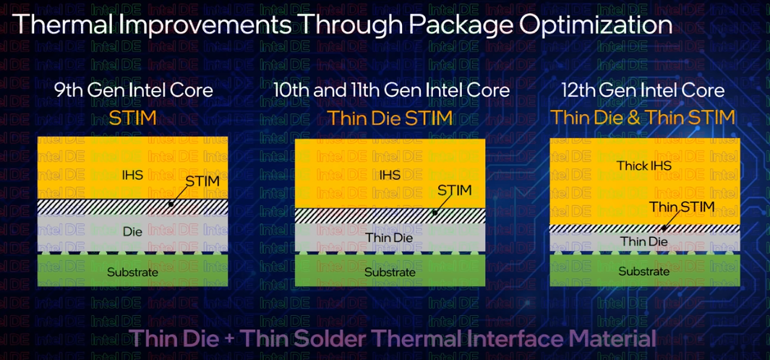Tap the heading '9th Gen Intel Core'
[x=134, y=91]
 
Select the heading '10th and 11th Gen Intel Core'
[x=391, y=91]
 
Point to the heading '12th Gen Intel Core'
[x=643, y=91]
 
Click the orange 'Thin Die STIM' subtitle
[x=390, y=119]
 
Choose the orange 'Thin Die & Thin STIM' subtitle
[x=643, y=118]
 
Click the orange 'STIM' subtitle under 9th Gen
[x=132, y=119]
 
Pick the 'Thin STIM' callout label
[x=682, y=207]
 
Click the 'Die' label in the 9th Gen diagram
[x=132, y=231]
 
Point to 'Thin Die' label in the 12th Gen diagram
[x=643, y=241]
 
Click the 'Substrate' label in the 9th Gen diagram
[x=132, y=272]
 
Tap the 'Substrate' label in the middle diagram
[x=390, y=272]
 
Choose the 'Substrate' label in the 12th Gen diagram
[x=643, y=271]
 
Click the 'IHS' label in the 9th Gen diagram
[x=133, y=174]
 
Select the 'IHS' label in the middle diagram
[x=390, y=174]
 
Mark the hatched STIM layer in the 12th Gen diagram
[x=644, y=228]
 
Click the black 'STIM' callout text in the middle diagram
[x=454, y=190]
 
